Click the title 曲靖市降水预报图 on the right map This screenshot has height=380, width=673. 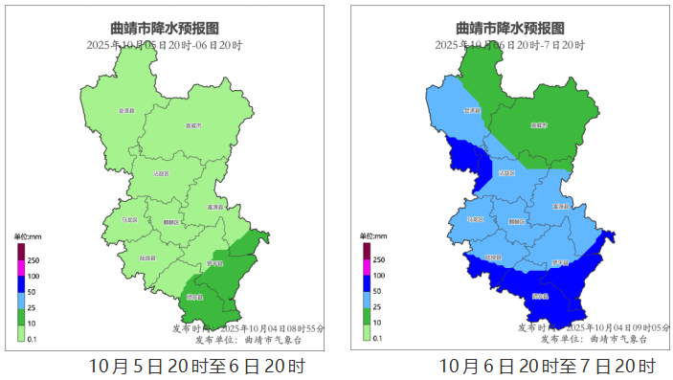click(509, 29)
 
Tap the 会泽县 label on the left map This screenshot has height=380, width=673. click(125, 111)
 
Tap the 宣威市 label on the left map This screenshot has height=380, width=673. click(192, 126)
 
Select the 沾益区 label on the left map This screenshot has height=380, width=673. click(162, 173)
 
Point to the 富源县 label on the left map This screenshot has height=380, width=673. click(214, 207)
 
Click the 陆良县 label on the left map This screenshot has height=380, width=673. click(147, 257)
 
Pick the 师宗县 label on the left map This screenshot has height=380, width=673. click(213, 264)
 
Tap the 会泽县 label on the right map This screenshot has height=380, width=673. click(472, 110)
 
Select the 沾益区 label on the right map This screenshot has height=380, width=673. click(507, 173)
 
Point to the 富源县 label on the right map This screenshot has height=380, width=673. click(561, 207)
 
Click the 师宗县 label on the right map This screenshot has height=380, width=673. click(560, 264)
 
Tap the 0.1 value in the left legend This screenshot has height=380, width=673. click(32, 339)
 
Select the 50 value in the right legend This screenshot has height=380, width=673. click(377, 291)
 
